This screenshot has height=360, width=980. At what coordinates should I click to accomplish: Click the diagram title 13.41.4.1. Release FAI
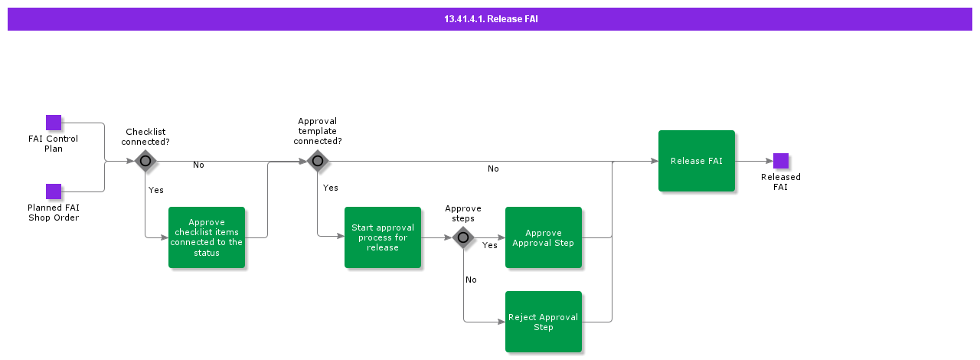491,19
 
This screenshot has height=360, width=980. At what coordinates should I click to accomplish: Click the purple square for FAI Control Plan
54,123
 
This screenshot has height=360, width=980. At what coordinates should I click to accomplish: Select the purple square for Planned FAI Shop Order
54,191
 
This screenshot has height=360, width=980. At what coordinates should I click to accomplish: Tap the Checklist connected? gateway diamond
145,161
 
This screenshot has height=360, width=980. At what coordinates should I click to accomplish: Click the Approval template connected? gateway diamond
318,161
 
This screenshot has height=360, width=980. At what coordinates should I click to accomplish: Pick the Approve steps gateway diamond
463,237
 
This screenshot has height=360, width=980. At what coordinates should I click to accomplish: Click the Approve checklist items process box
207,237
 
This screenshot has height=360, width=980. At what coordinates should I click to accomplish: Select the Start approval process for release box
383,237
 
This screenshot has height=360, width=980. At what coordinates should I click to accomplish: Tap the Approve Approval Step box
544,237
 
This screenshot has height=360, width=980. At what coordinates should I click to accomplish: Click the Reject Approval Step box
544,322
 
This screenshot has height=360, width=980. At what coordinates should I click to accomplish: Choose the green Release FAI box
697,161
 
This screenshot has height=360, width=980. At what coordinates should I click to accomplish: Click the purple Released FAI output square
781,161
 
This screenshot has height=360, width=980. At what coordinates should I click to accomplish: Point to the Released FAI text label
781,182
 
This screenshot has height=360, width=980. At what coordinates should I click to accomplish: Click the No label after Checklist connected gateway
198,165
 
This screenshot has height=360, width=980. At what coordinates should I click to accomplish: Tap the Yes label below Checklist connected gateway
155,190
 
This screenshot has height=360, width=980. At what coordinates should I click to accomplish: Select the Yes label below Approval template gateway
330,188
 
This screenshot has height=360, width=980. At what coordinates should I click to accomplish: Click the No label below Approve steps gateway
471,280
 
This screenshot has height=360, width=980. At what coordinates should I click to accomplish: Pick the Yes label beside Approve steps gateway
489,245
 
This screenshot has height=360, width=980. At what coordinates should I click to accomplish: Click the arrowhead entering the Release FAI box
654,161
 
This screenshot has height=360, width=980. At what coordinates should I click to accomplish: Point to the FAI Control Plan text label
53,144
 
